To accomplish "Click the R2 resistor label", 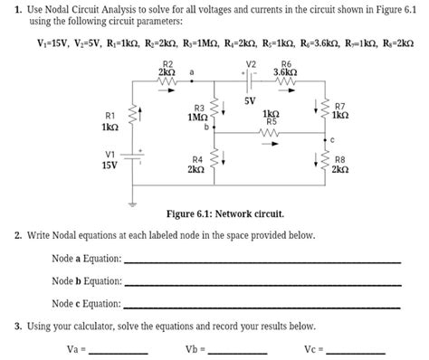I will [167, 63].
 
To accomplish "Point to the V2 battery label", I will [251, 63].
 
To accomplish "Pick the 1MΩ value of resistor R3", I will [197, 118].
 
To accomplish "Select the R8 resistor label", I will [339, 159].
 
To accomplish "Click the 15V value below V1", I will [110, 166].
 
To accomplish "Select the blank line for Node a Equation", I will [262, 260].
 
